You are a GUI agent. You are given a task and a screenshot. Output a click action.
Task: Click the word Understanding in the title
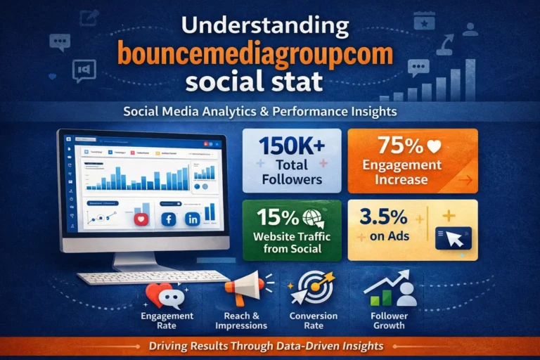pyautogui.click(x=265, y=27)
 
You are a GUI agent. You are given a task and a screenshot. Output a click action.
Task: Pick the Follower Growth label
pyautogui.click(x=389, y=321)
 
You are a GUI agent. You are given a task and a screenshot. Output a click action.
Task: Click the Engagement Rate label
pyautogui.click(x=167, y=321)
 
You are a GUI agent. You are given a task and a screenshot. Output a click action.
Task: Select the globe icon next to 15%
pyautogui.click(x=309, y=217)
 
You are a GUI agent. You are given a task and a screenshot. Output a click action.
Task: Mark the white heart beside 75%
pyautogui.click(x=434, y=146)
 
